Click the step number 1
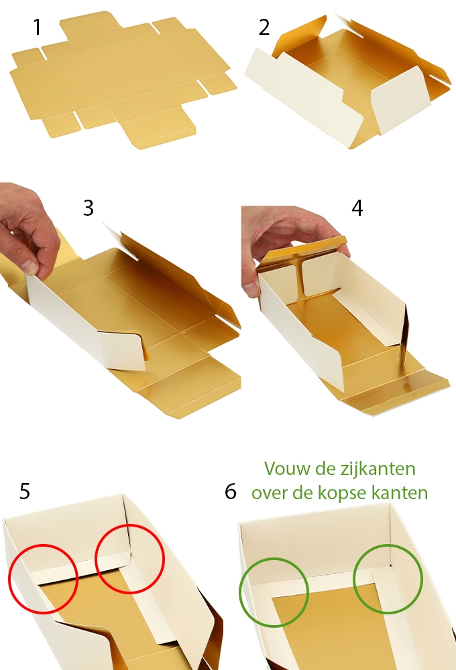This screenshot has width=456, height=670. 37,27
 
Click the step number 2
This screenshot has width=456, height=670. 264,27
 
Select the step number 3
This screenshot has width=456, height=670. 89,208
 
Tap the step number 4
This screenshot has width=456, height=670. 357,208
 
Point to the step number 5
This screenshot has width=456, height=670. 25,491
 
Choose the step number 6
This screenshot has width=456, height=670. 231,492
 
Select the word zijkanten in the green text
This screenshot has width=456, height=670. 382,468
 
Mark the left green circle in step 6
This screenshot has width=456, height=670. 274,591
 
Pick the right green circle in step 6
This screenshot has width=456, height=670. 388,579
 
